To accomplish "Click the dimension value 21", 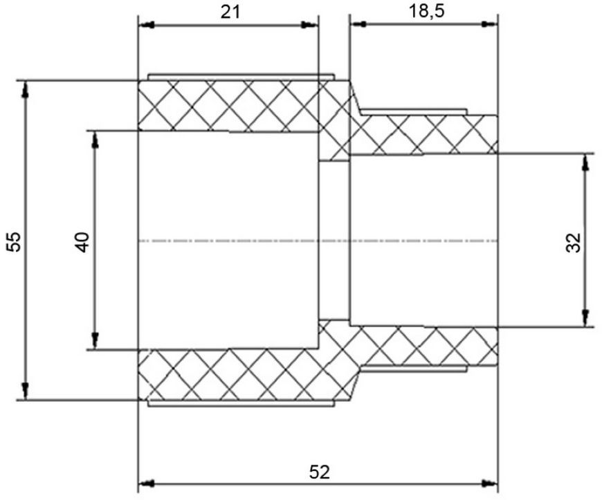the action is [x=230, y=12].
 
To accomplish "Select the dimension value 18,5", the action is [x=426, y=11].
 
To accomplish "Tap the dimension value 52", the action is [x=320, y=472].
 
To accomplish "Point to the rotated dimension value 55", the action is [x=15, y=241].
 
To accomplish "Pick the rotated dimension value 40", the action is [x=82, y=242].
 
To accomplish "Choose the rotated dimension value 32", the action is [x=574, y=242].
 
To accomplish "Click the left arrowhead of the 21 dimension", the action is [x=146, y=26].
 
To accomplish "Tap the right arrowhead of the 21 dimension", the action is [x=310, y=25].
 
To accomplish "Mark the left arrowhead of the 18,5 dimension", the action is [x=358, y=24].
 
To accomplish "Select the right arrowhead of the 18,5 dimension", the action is [x=489, y=24].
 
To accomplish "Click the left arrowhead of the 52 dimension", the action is [x=146, y=482].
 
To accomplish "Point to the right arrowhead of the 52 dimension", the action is [x=489, y=482].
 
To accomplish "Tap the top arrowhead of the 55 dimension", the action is [x=26, y=89].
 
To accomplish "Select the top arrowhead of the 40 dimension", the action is [x=95, y=140].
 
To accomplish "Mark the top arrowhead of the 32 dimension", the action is [x=585, y=163].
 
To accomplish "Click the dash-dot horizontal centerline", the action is [x=318, y=241].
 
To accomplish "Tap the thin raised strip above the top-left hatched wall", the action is [x=241, y=77].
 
